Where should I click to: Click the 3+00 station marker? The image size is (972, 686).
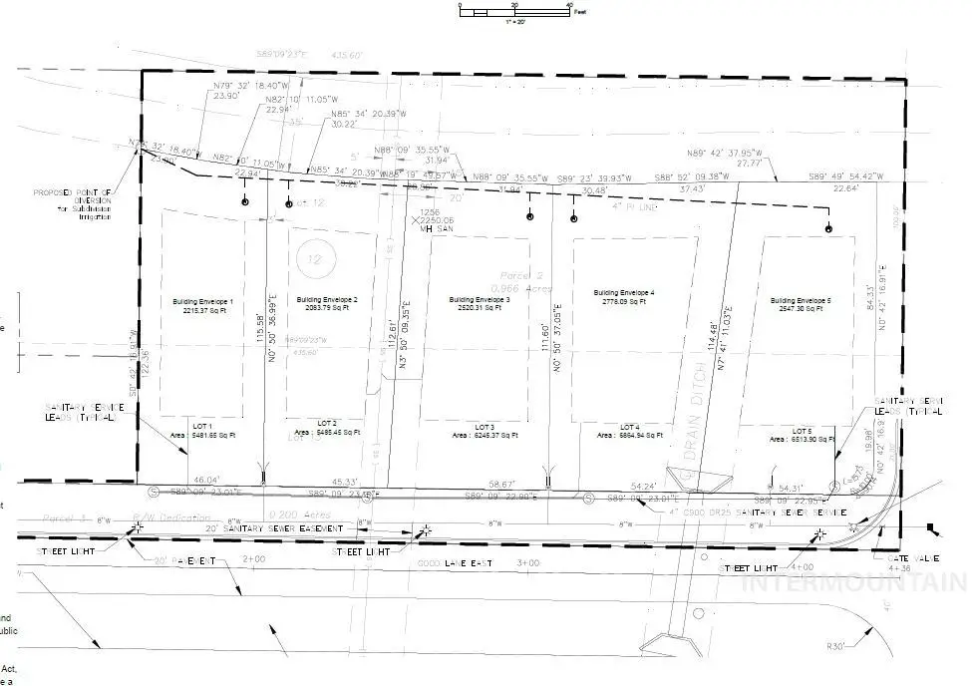[x=527, y=563]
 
